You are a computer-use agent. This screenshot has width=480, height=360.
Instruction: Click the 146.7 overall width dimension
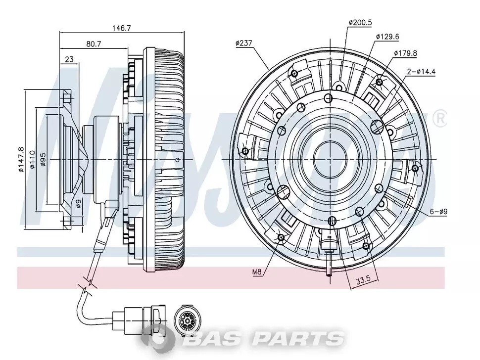[122, 28]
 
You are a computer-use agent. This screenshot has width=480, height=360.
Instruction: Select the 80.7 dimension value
[94, 44]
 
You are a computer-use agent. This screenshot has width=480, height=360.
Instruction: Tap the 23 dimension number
[69, 59]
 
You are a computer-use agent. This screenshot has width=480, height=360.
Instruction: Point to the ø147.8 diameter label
[21, 159]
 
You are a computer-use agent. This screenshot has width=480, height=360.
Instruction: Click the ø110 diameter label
[32, 159]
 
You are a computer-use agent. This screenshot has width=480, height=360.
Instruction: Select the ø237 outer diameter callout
[243, 43]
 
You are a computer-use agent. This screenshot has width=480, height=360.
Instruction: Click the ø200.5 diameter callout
[360, 23]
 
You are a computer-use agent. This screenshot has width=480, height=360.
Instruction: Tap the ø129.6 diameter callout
[387, 37]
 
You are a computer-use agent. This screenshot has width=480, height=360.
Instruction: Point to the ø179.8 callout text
[405, 53]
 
